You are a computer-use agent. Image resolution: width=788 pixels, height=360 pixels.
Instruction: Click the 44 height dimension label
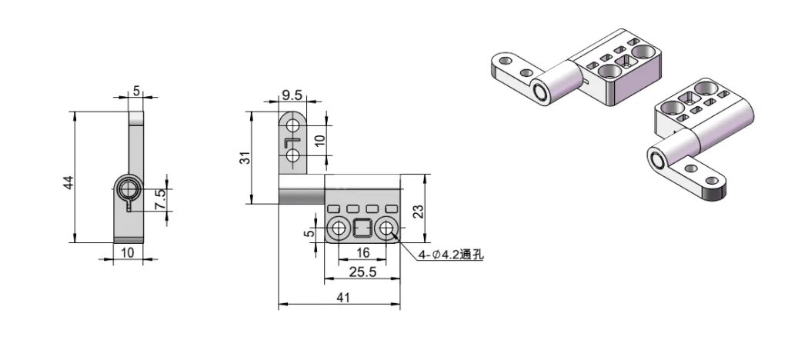(68, 182)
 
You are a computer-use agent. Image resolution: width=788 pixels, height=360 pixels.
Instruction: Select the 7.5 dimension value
(160, 199)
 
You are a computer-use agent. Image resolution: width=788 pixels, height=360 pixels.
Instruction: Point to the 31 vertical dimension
(245, 158)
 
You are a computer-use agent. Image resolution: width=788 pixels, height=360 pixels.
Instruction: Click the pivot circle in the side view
(129, 189)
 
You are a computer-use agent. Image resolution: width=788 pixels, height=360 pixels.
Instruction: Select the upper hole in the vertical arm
(292, 125)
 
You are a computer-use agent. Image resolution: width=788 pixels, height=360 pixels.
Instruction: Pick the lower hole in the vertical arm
(292, 157)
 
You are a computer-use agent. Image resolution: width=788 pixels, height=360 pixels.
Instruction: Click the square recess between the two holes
(362, 228)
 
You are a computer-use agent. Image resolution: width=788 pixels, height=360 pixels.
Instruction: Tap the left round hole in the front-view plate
(339, 228)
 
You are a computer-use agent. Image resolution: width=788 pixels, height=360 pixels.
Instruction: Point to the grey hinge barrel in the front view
(301, 195)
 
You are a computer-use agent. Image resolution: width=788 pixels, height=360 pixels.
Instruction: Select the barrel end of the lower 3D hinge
(658, 161)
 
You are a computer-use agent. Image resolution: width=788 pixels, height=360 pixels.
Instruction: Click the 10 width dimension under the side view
(128, 252)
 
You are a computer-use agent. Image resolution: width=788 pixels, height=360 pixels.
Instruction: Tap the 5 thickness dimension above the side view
(136, 90)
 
